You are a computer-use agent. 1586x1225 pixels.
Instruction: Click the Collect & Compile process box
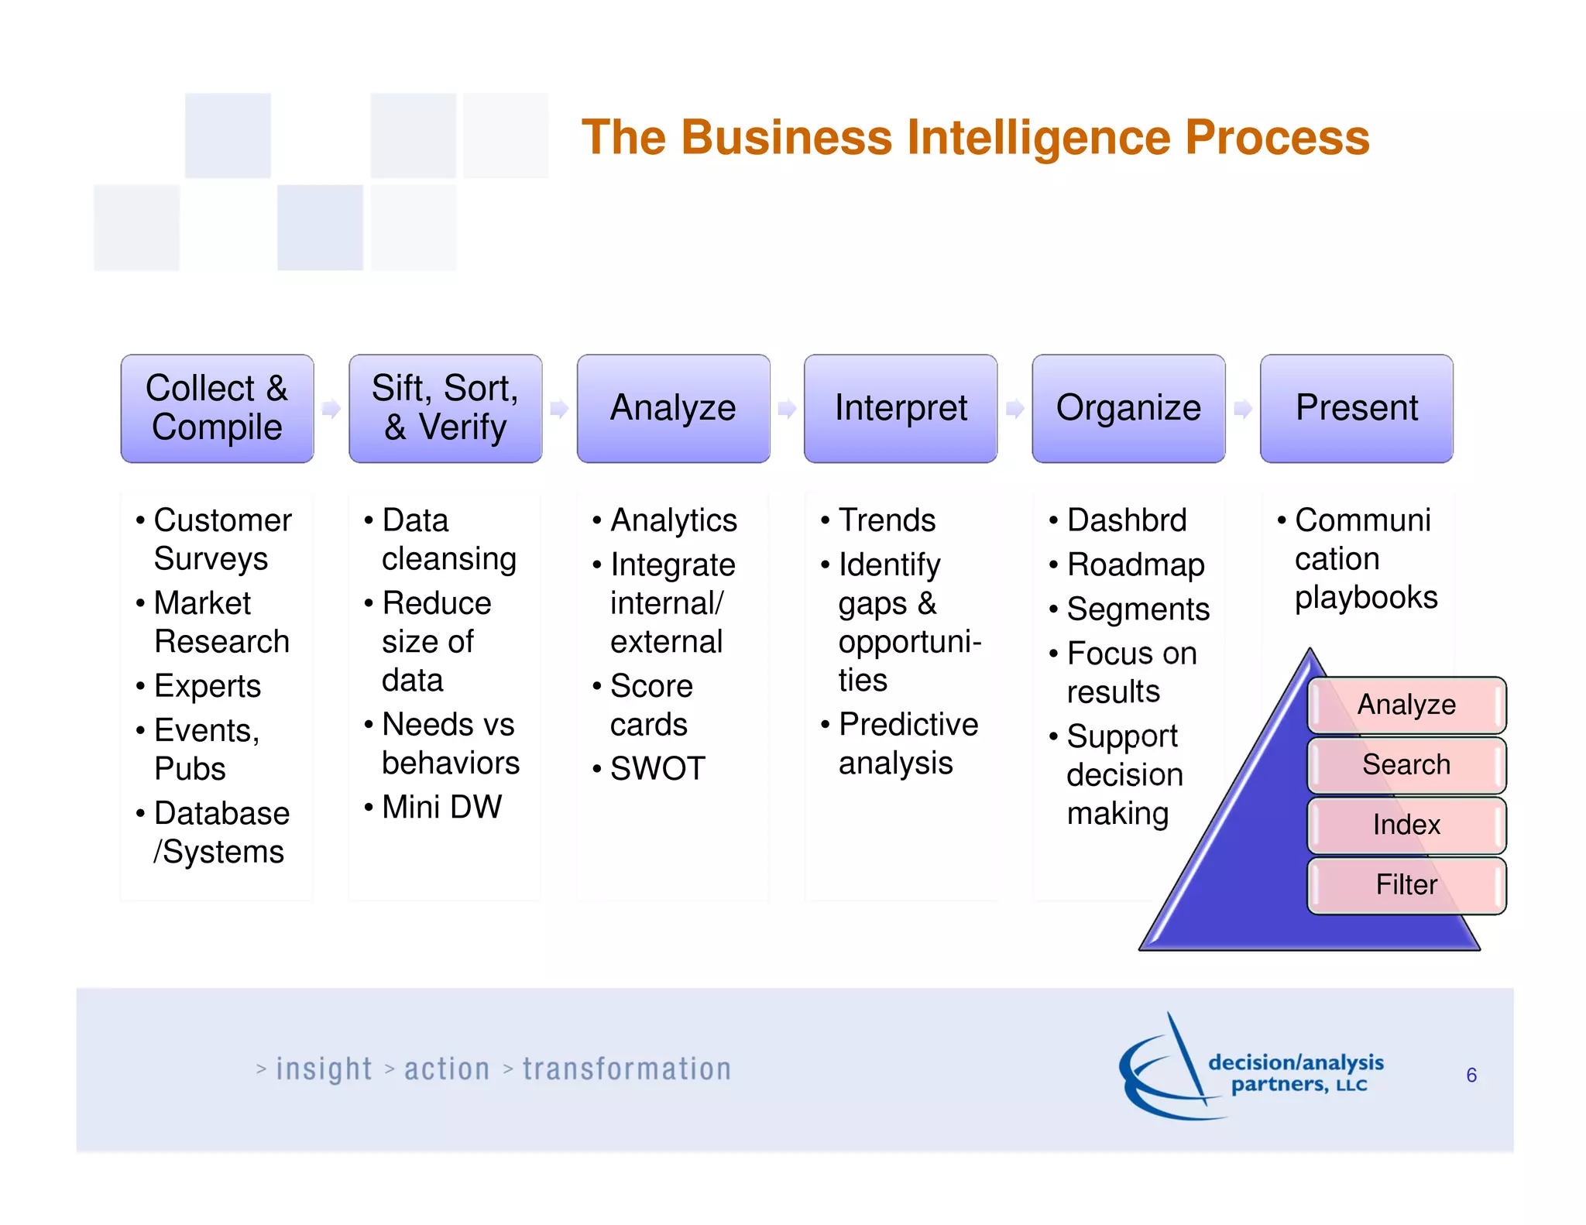pos(217,408)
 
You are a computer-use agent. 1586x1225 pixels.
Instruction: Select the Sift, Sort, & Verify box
pos(445,408)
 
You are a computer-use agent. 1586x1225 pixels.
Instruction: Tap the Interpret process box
pos(901,408)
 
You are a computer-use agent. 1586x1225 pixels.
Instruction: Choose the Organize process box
pos(1128,408)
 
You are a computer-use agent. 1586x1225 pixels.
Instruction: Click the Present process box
pos(1356,408)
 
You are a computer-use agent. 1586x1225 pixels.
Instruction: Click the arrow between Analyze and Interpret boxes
pos(787,409)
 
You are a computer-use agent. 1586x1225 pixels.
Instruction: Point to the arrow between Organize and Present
pos(1243,409)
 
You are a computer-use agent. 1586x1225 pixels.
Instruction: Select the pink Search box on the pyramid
pos(1406,765)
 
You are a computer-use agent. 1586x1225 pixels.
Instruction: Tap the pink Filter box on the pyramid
pos(1406,885)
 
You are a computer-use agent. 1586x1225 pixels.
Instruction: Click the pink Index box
pos(1406,825)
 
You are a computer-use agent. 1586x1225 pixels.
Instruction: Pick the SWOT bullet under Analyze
pos(657,769)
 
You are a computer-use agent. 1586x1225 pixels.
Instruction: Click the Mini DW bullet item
pos(441,808)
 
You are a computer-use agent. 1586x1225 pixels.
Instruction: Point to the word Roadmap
pos(1135,565)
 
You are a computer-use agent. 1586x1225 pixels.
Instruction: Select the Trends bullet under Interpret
pos(887,520)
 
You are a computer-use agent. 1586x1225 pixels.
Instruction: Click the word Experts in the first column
pos(208,687)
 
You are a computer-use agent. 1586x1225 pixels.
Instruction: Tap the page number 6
pos(1471,1076)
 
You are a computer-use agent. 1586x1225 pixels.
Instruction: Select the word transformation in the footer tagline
pos(627,1069)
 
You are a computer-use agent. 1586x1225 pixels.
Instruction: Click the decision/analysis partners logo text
pos(1296,1073)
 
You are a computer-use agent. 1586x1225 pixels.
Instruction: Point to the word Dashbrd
pos(1127,520)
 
